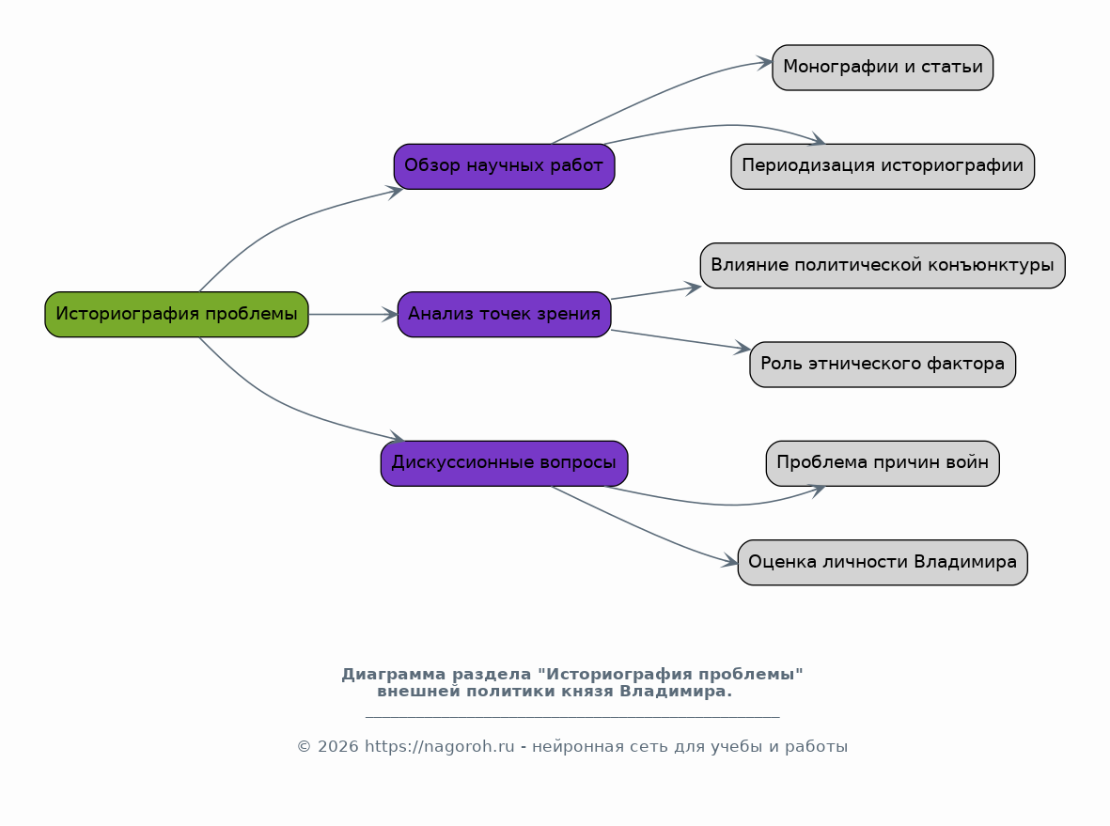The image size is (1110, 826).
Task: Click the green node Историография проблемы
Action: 177,314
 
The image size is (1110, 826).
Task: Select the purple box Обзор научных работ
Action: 504,166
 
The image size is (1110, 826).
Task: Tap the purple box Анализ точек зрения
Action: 504,314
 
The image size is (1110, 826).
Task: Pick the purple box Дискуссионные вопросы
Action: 504,463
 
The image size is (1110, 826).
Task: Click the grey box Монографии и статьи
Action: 882,68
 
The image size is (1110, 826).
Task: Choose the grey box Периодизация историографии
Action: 882,166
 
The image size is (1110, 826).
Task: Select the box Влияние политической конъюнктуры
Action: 882,265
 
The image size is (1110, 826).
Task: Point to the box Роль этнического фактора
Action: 882,365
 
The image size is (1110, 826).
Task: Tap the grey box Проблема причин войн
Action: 882,463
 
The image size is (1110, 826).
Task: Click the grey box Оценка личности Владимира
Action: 882,563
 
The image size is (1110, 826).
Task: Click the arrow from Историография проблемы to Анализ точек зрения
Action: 353,314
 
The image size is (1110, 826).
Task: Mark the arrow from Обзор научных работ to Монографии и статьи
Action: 658,95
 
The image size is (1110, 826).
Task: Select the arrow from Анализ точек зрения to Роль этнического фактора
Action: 680,340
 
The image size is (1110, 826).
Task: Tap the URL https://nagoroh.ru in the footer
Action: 440,747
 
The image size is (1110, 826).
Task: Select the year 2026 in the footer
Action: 337,747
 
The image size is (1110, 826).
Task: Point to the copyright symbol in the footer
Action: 304,747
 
